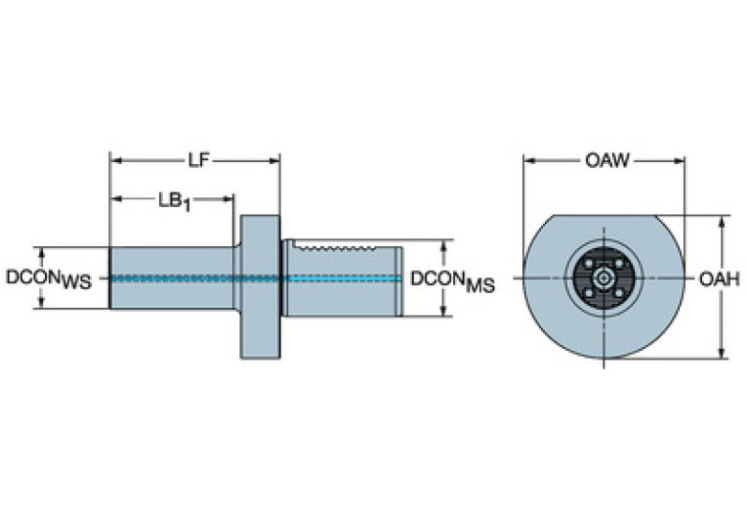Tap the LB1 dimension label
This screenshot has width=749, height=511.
pyautogui.click(x=173, y=199)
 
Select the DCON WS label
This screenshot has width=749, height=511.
pyautogui.click(x=48, y=278)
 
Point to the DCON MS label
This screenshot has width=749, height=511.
pyautogui.click(x=451, y=280)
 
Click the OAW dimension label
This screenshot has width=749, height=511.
pyautogui.click(x=606, y=160)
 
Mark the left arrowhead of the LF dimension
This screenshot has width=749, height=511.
pyautogui.click(x=114, y=160)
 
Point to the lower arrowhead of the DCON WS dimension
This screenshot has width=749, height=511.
pyautogui.click(x=40, y=304)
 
